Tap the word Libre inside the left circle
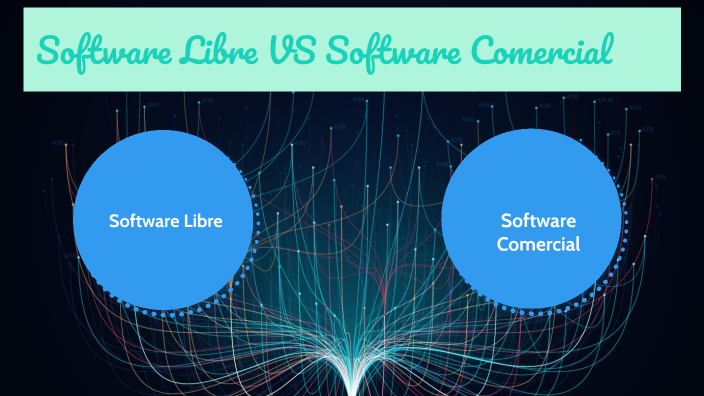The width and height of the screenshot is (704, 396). tap(201, 221)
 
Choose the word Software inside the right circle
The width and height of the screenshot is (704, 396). tap(539, 220)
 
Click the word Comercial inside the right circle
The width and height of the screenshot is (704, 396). tap(539, 243)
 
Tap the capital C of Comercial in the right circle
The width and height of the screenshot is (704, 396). tap(503, 243)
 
